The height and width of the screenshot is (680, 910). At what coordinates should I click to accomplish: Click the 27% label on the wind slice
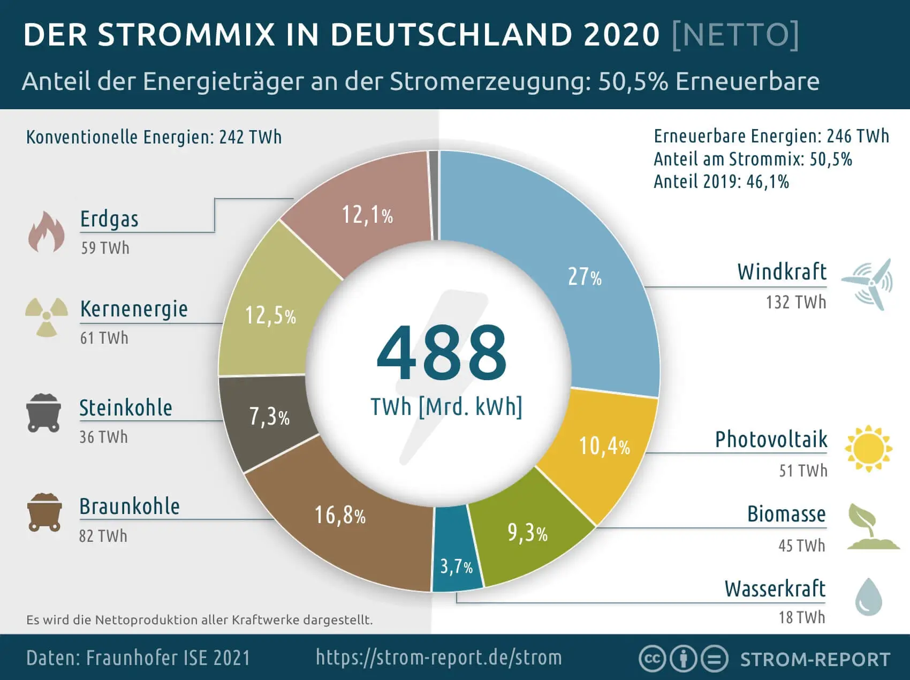[x=585, y=277]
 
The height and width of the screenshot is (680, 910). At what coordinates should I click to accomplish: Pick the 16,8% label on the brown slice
[x=339, y=515]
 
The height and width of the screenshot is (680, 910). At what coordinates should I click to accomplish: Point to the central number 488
[x=441, y=354]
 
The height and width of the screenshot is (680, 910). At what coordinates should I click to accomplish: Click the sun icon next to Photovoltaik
[x=868, y=449]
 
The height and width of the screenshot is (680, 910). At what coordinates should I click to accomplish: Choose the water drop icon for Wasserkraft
[x=868, y=596]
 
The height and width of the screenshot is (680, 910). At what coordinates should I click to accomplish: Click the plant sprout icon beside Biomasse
[x=870, y=527]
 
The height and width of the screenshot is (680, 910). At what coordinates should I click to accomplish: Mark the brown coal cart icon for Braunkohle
[x=44, y=512]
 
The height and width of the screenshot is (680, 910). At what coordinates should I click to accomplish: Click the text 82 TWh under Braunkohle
[x=103, y=536]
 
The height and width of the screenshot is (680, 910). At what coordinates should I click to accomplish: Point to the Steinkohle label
[x=126, y=408]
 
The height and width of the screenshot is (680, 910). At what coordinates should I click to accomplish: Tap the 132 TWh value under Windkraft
[x=795, y=303]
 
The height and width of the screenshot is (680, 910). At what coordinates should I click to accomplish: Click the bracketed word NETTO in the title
[x=735, y=35]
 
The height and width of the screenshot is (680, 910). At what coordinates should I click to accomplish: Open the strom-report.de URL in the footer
[x=439, y=658]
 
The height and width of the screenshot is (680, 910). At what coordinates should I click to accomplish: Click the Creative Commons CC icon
[x=652, y=659]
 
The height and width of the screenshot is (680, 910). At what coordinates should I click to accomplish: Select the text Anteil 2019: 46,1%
[x=721, y=182]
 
